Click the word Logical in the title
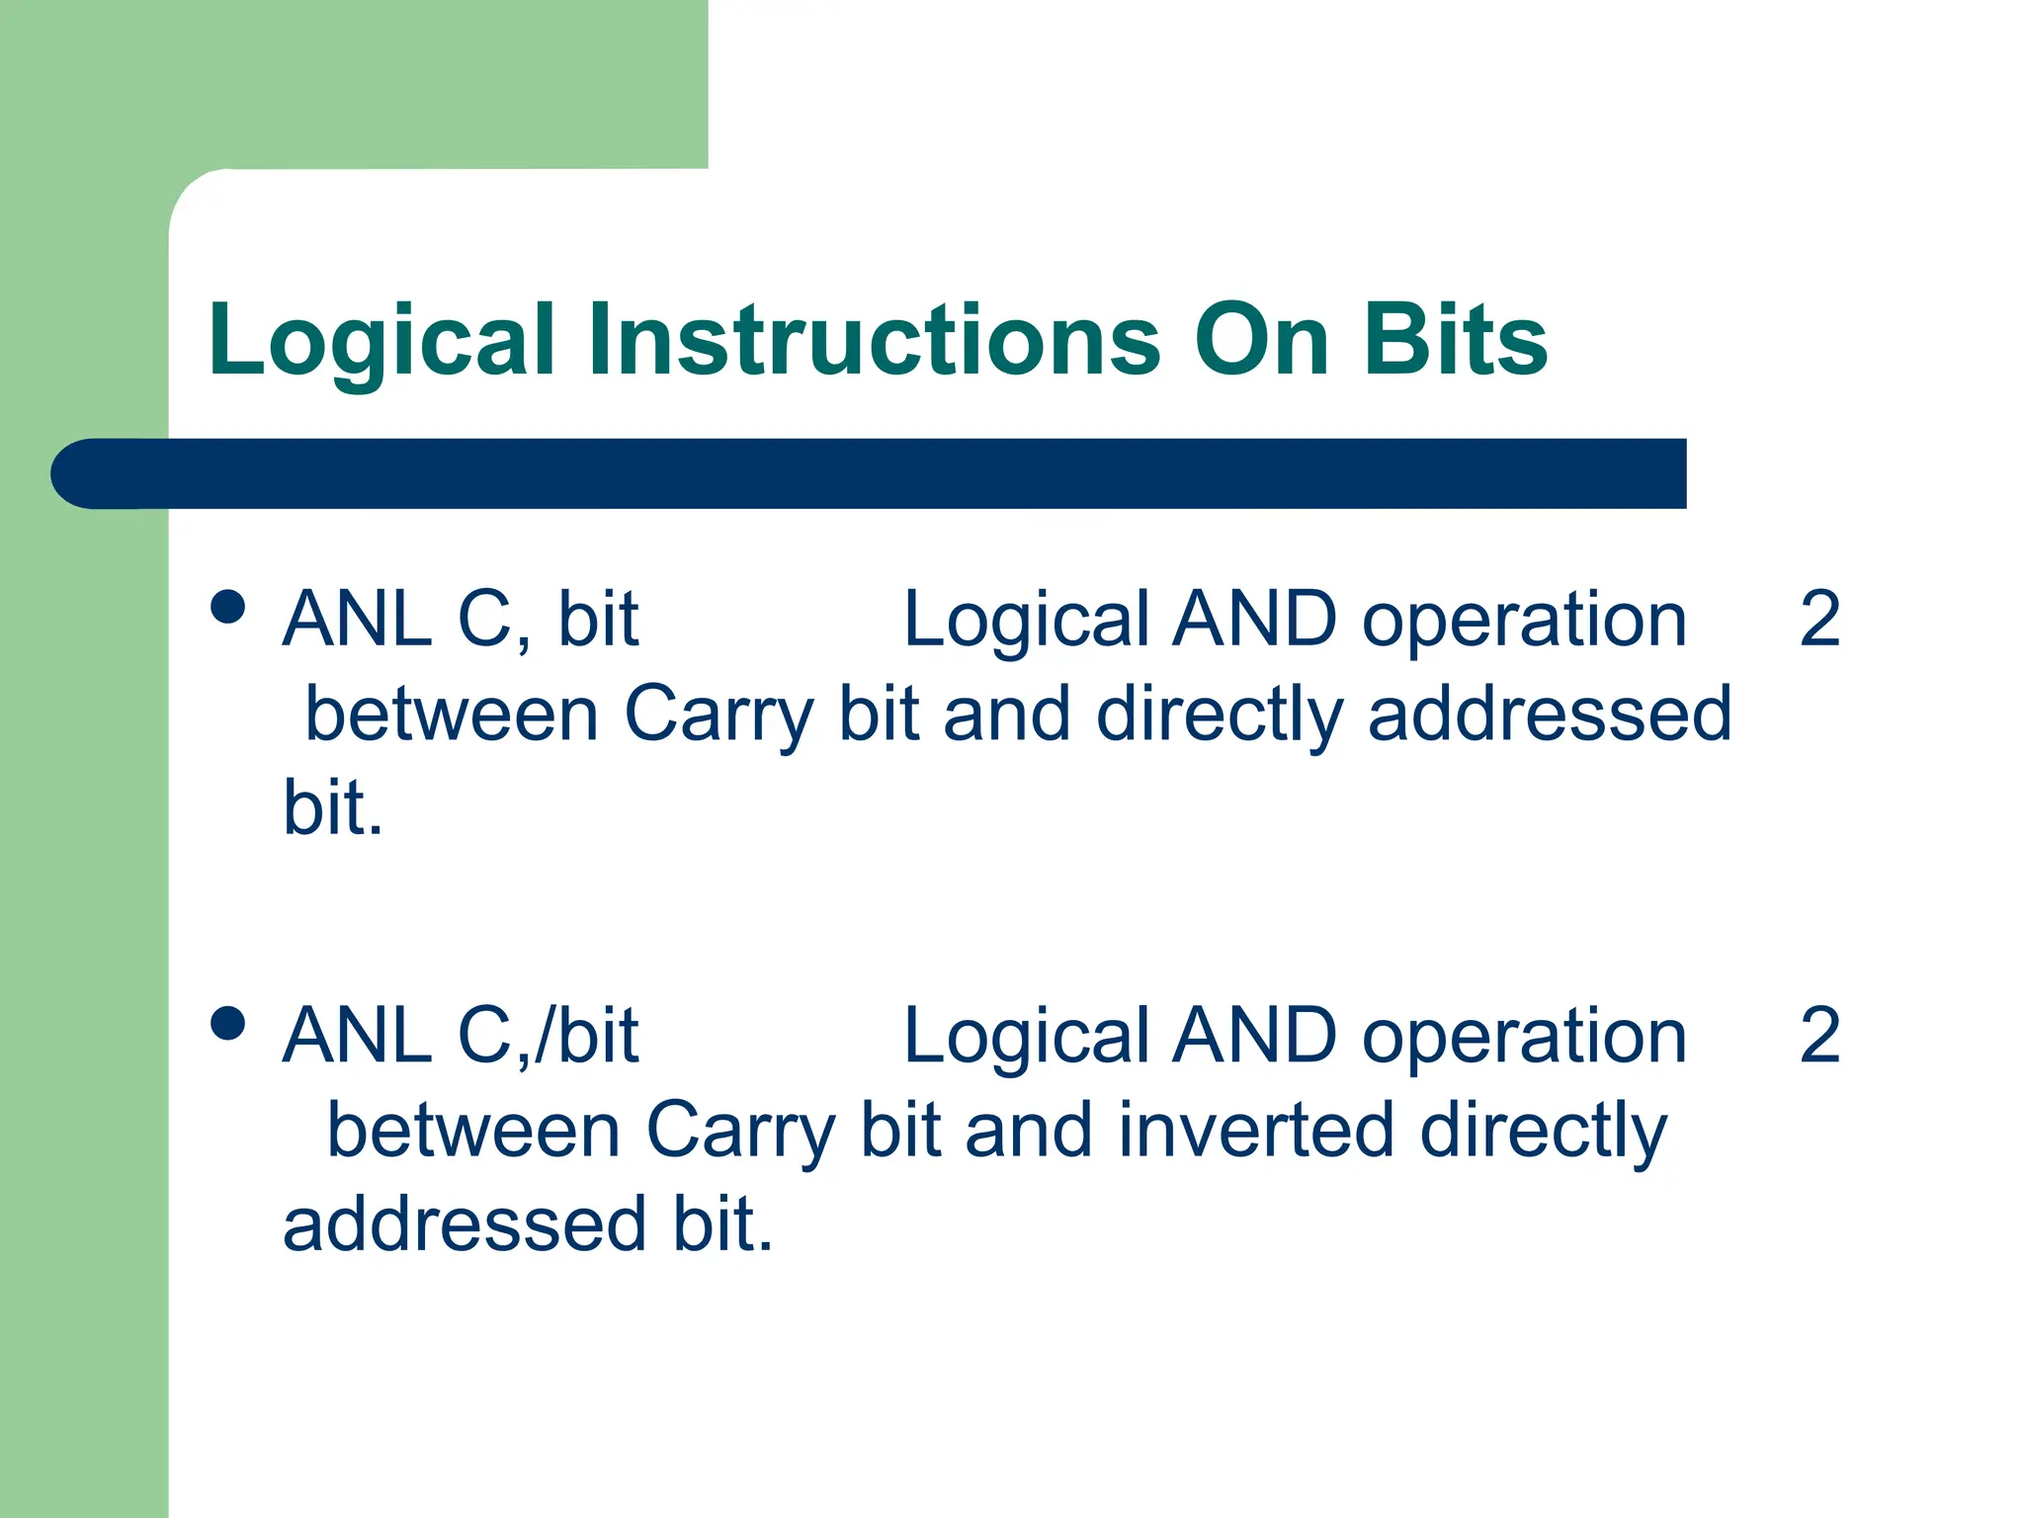381,341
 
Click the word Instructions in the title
874,341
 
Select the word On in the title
1261,341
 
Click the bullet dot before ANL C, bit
228,607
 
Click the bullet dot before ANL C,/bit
228,1024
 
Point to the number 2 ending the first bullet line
1819,620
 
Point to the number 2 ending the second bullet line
1819,1037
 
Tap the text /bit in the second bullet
587,1037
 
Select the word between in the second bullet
473,1131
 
